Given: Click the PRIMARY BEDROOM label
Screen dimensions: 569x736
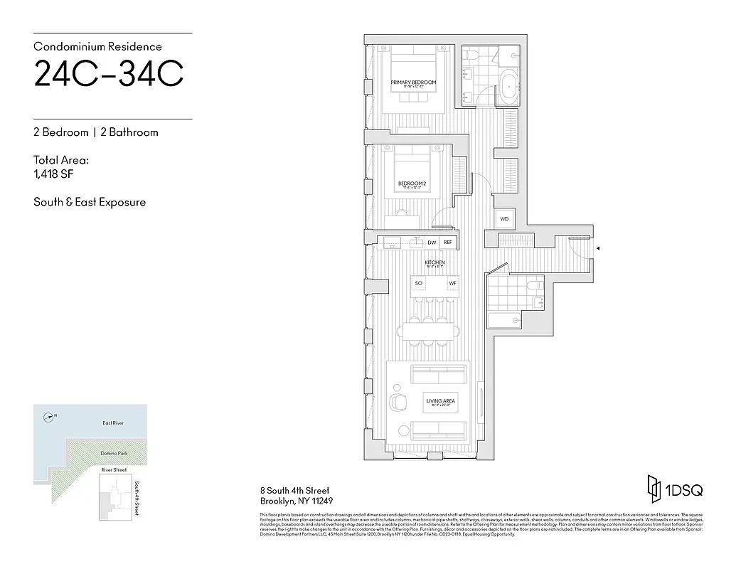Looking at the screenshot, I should pos(413,83).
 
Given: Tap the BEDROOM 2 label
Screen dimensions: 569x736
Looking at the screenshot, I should pos(412,183).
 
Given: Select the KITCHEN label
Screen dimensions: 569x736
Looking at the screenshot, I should pos(435,262).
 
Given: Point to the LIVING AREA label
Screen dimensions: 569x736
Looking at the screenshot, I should pos(441,401).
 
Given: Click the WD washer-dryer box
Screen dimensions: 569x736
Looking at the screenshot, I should pos(504,219).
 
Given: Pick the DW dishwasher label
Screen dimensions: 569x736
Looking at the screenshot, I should pos(432,243).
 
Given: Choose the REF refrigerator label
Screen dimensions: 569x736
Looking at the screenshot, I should pos(448,243).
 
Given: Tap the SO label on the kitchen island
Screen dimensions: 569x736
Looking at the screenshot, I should pos(419,284).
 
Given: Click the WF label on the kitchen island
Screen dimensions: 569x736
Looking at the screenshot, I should pos(452,284).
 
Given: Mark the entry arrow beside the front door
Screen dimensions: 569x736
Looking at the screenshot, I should pos(599,248).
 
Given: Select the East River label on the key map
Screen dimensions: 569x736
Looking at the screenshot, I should pos(113,423).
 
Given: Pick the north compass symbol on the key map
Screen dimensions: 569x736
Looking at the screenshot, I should pos(48,417).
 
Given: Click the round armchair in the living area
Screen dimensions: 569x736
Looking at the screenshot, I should pos(397,402).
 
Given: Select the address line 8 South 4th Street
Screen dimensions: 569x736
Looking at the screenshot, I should pos(294,491).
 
